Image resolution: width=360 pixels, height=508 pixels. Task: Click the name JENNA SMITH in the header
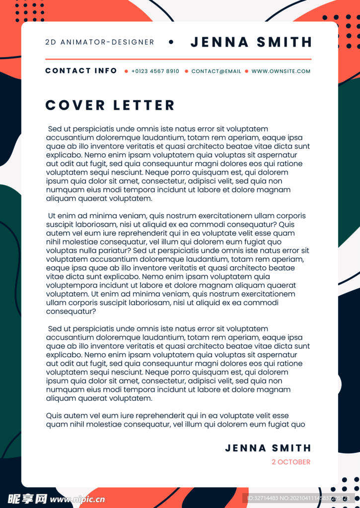[251, 42]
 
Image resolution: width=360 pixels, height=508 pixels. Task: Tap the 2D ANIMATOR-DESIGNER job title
[100, 42]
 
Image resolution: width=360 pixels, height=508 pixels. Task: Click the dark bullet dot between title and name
[171, 42]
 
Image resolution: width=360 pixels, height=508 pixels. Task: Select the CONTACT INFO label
[81, 71]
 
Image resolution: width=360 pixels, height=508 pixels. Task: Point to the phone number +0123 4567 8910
[155, 71]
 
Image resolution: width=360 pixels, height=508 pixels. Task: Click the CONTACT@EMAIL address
[216, 71]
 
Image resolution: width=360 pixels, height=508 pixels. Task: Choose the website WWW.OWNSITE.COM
[281, 71]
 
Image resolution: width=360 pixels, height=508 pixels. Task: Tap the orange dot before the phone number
[126, 71]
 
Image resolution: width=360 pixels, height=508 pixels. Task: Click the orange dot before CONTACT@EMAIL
[186, 71]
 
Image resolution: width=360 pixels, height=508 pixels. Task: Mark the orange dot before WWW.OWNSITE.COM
[246, 71]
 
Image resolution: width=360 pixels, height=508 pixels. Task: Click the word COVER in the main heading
[75, 105]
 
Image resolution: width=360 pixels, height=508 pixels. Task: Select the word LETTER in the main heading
[144, 105]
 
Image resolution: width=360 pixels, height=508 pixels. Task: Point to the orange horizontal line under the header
[178, 59]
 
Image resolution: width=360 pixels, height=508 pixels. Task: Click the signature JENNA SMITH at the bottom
[268, 448]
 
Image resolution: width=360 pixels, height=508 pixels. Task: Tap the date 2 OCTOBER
[291, 462]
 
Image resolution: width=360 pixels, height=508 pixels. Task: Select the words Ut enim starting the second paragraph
[64, 216]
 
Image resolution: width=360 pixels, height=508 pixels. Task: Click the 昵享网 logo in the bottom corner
[27, 499]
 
